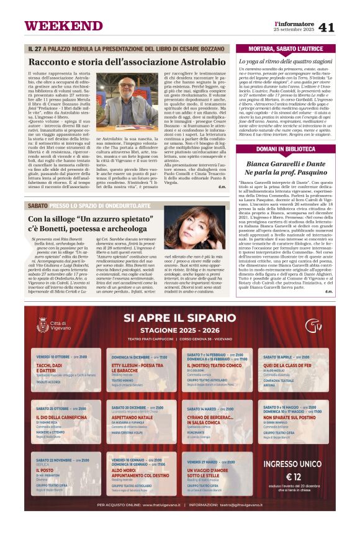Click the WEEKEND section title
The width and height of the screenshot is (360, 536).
coord(63,25)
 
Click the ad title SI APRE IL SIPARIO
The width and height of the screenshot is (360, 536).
coord(179,318)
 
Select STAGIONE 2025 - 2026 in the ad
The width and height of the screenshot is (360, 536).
coord(179,331)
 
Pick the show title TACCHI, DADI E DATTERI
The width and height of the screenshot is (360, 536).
coord(49,368)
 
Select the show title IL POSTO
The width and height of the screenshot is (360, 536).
coord(45,470)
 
